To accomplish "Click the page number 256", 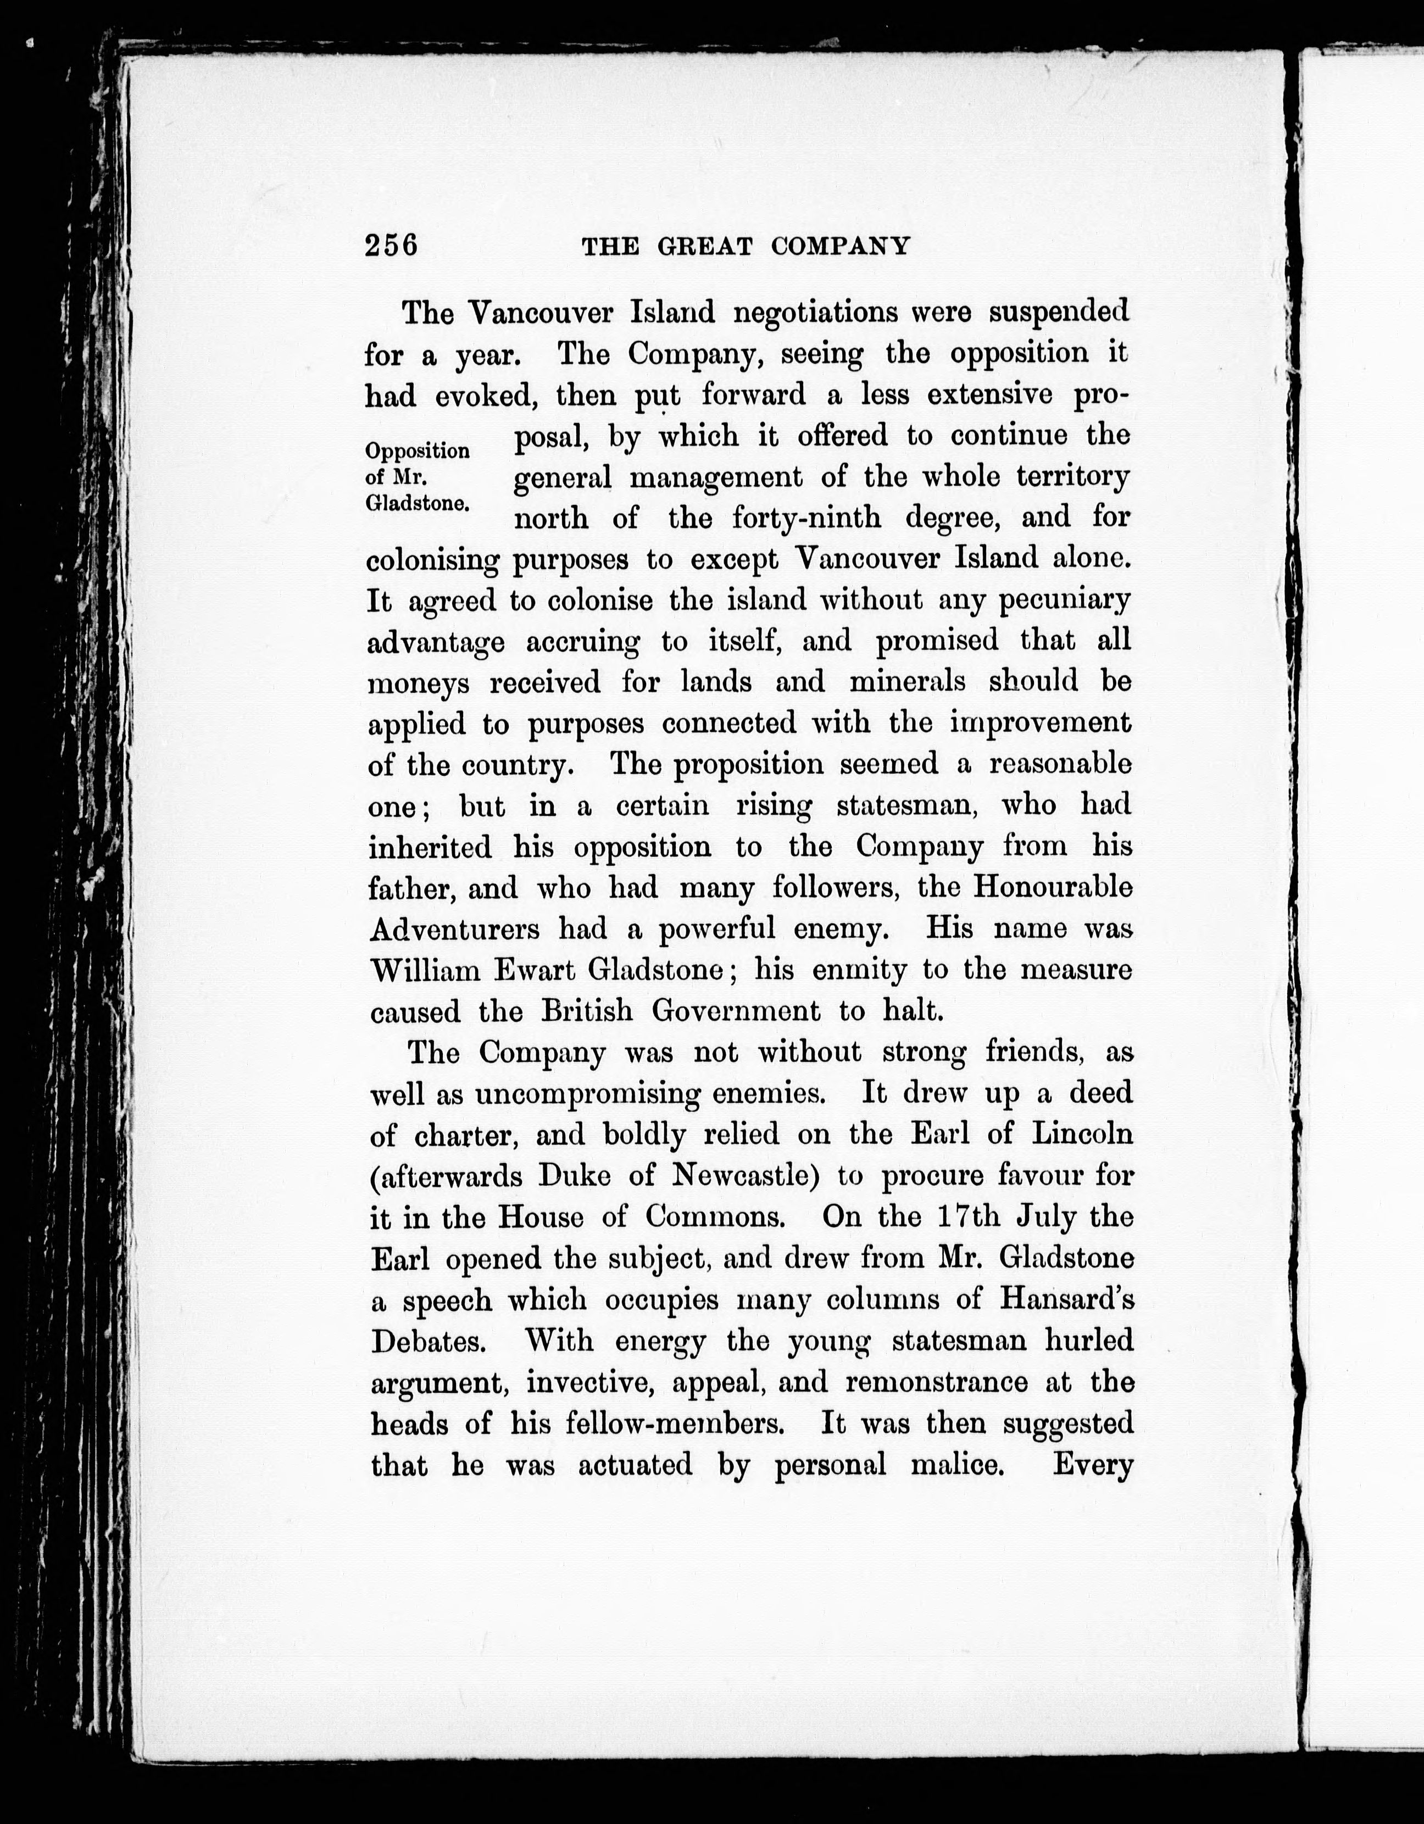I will pos(391,246).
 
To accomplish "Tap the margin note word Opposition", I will pos(418,452).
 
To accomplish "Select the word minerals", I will pos(907,682).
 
